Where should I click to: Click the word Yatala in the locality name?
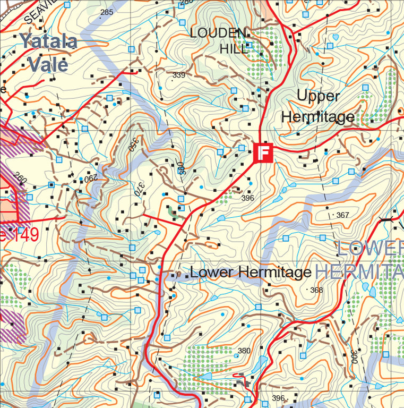click(x=48, y=41)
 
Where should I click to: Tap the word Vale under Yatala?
click(x=48, y=64)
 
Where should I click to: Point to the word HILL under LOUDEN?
click(x=234, y=49)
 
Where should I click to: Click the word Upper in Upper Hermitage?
click(x=318, y=96)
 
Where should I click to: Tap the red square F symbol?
click(x=264, y=152)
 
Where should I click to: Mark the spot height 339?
click(x=179, y=75)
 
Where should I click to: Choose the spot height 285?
click(x=107, y=12)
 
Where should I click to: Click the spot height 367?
click(x=343, y=215)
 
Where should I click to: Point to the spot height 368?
click(x=316, y=290)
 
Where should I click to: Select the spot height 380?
click(x=244, y=351)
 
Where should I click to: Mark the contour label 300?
click(x=354, y=356)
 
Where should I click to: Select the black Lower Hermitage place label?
click(x=250, y=273)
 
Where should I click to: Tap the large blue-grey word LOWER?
click(x=370, y=249)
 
